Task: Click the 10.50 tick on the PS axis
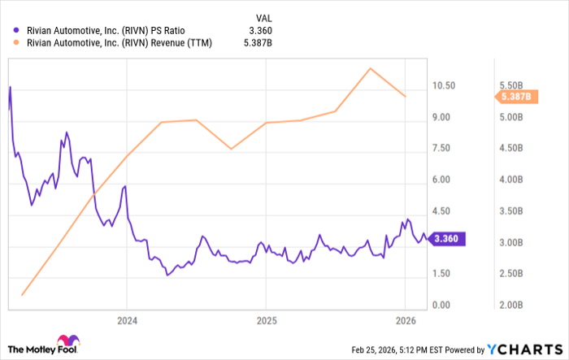(443, 86)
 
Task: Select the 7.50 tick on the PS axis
(443, 149)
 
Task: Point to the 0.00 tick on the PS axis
(443, 305)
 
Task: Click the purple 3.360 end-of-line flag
(446, 239)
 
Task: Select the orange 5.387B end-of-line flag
(514, 97)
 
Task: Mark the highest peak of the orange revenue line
(371, 68)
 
